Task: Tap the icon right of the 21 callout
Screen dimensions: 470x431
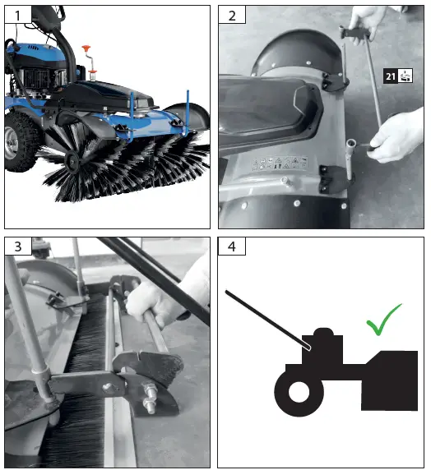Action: coord(406,76)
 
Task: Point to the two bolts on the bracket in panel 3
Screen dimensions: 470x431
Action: coord(150,401)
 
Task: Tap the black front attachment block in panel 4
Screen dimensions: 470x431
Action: coord(389,380)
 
